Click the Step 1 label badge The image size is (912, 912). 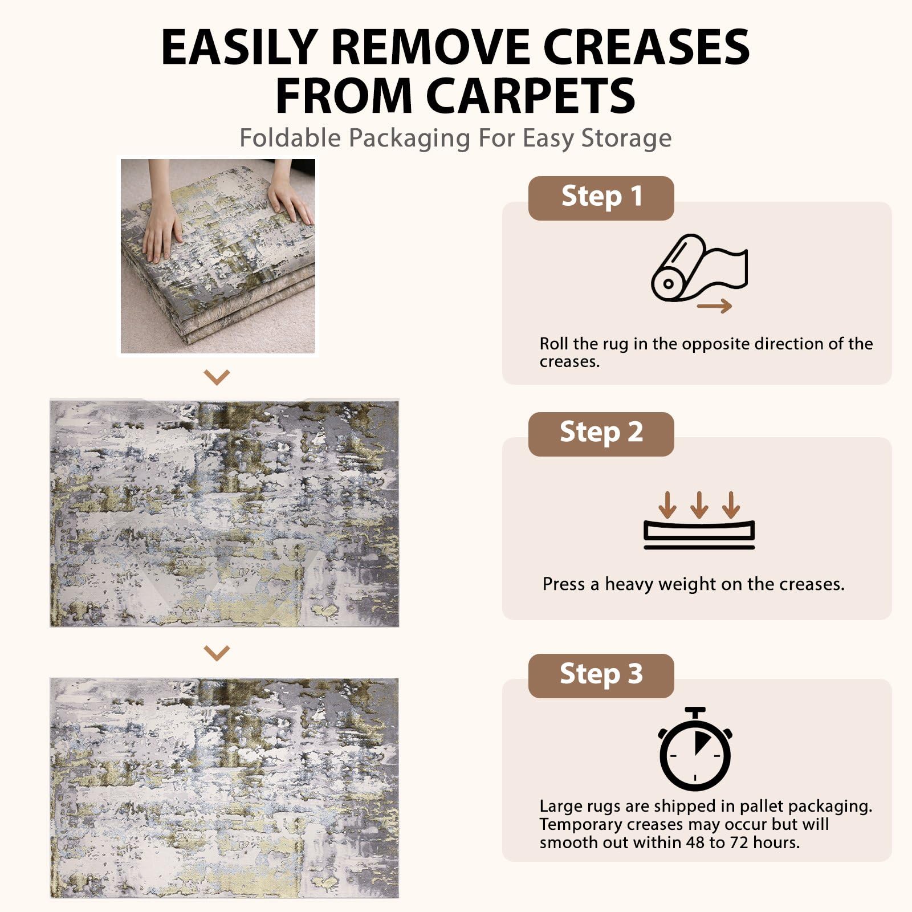pyautogui.click(x=601, y=198)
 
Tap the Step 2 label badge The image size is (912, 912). pyautogui.click(x=601, y=434)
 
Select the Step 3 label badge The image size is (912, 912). pyautogui.click(x=601, y=675)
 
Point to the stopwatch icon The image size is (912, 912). pyautogui.click(x=695, y=748)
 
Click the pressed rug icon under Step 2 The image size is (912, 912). pyautogui.click(x=699, y=534)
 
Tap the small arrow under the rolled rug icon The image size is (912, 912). pyautogui.click(x=714, y=306)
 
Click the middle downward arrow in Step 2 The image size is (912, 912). pyautogui.click(x=699, y=504)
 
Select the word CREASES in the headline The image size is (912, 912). pyautogui.click(x=646, y=47)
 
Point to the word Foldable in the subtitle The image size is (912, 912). pyautogui.click(x=290, y=138)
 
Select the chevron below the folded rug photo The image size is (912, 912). pyautogui.click(x=217, y=377)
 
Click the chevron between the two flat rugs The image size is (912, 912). pyautogui.click(x=217, y=653)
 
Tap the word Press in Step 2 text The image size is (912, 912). pyautogui.click(x=564, y=584)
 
